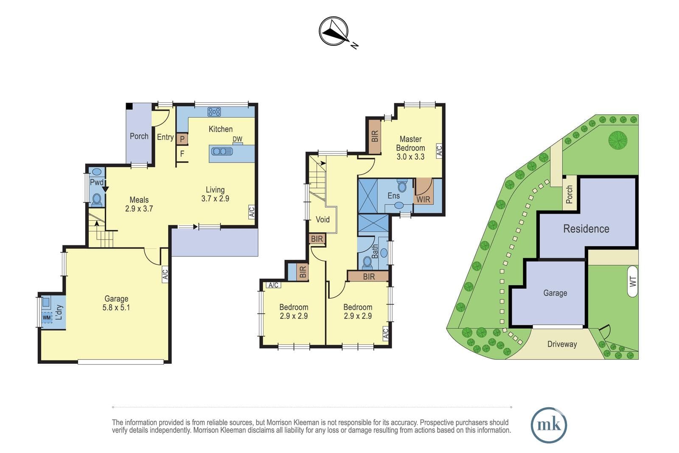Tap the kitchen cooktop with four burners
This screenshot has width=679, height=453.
[214, 112]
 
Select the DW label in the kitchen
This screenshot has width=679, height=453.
[237, 139]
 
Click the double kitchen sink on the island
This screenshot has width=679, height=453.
[222, 151]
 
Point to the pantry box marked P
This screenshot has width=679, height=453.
[182, 139]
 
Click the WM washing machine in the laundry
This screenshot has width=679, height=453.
[47, 318]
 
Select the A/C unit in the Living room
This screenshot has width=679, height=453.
[251, 212]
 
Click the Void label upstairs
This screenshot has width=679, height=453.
[323, 219]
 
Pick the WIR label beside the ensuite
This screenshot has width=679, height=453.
[423, 200]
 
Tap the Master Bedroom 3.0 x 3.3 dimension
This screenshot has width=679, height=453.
[410, 157]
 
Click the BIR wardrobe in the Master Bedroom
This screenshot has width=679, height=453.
[375, 136]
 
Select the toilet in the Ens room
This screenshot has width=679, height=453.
[402, 186]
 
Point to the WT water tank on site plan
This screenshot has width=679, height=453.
[633, 281]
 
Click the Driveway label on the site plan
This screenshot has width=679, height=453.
[562, 344]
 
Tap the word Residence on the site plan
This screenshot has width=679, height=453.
[586, 228]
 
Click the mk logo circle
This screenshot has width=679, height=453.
[549, 425]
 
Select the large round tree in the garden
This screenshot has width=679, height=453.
[618, 140]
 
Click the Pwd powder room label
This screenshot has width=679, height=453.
[97, 182]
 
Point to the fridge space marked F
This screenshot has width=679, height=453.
[182, 154]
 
